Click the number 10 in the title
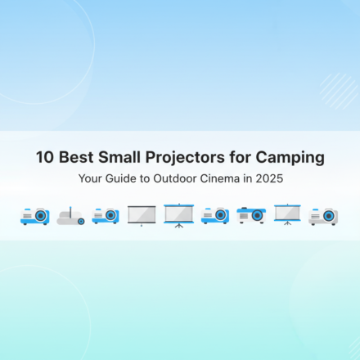pos(44,157)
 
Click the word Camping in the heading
pos(290,157)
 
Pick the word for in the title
pos(242,157)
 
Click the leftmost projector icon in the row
pos(34,216)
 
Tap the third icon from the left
pos(106,216)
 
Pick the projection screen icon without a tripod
pos(142,215)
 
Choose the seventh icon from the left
pos(250,215)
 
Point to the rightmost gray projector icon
pos(323,216)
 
